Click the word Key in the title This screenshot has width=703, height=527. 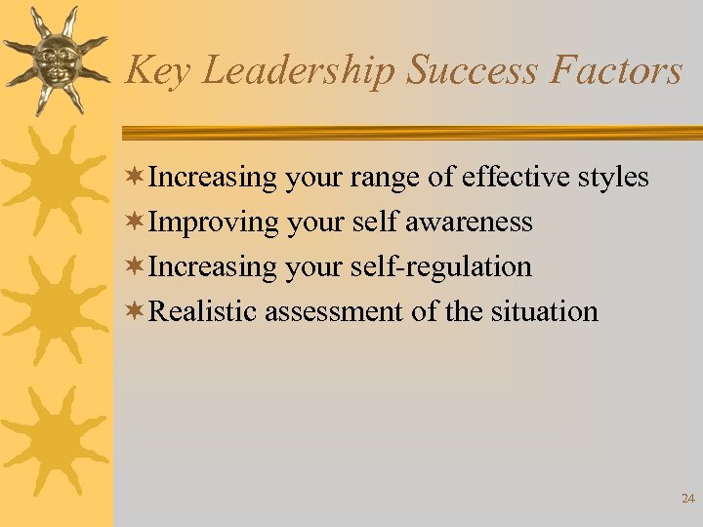point(156,72)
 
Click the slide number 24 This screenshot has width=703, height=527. point(687,499)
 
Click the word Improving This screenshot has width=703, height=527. point(214,223)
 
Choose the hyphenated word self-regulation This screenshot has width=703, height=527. point(453,267)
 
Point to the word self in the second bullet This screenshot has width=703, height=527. point(373,222)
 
